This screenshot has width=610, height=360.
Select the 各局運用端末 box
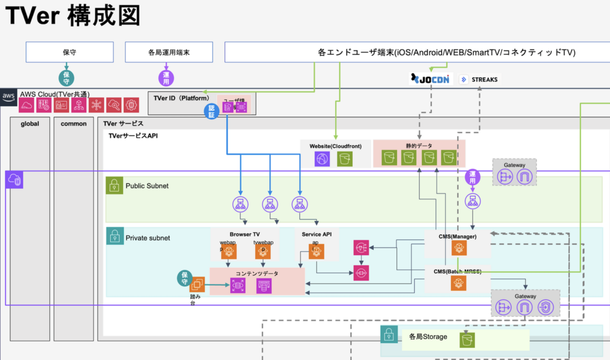coord(169,52)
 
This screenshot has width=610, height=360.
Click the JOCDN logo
coord(429,79)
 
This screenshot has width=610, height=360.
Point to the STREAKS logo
coord(479,79)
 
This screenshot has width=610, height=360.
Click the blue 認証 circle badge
coord(212,111)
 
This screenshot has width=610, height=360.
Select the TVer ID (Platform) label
coord(182,98)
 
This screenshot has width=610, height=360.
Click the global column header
coord(30,124)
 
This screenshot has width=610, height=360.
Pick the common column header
coord(74,124)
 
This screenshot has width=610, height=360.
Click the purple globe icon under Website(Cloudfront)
coord(322,159)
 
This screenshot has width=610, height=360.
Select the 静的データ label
coord(419,146)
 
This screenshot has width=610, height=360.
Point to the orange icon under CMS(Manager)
coord(458,248)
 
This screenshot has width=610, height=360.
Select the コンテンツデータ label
coord(257,273)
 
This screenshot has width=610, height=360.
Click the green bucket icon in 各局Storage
coord(468,339)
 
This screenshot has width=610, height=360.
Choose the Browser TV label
coord(244,234)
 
